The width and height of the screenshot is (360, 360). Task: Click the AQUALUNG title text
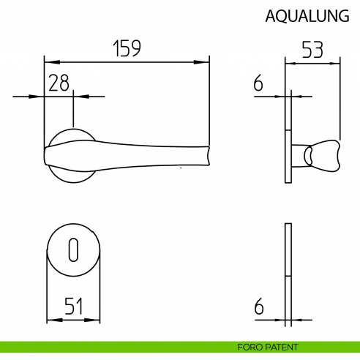[x=307, y=17]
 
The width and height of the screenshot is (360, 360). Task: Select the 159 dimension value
[x=126, y=48]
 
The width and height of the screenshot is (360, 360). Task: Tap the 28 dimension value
[x=59, y=83]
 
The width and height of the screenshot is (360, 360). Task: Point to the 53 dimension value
[x=312, y=50]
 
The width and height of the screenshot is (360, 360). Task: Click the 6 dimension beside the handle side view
[x=258, y=83]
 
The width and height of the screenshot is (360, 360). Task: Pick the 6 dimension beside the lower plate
[x=258, y=307]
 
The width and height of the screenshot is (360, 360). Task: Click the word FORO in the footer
[x=250, y=347]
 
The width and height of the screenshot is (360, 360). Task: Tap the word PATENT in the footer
[x=281, y=347]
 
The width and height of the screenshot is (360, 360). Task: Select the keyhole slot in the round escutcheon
[x=72, y=251]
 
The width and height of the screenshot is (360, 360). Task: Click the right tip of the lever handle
[x=208, y=156]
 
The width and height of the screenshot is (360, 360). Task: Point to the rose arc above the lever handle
[x=73, y=130]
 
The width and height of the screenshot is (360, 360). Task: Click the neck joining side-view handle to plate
[x=299, y=155]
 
